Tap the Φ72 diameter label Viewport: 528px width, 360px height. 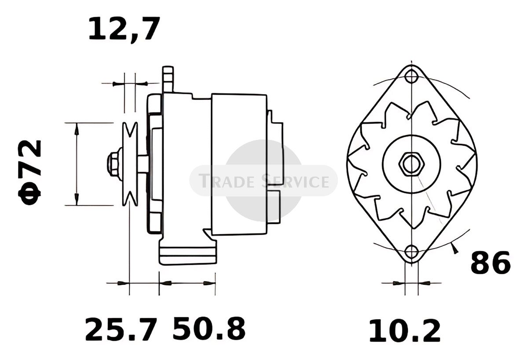coord(30,172)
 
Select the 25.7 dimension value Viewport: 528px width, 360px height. coord(121,329)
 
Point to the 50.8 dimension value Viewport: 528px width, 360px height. coord(209,329)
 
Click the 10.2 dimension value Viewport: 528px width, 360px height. coord(404,331)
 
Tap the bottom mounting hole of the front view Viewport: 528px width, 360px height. coord(411,251)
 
